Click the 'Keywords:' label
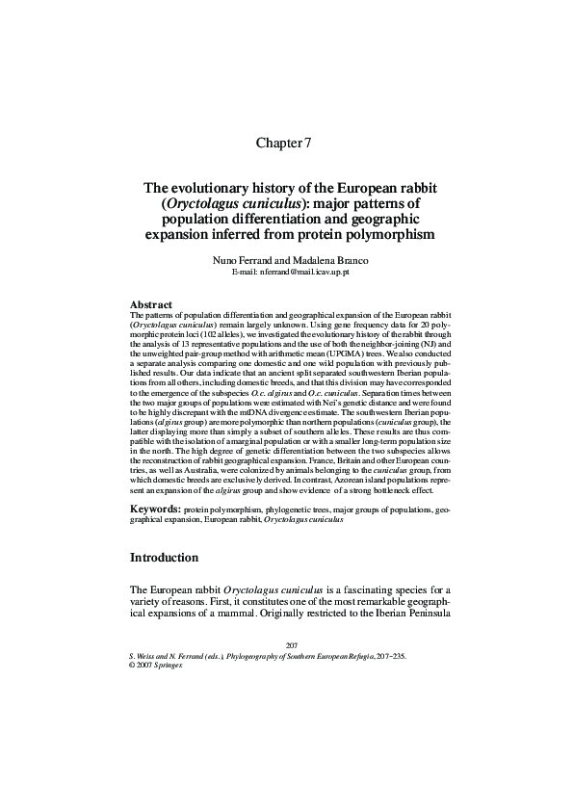(154, 508)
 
